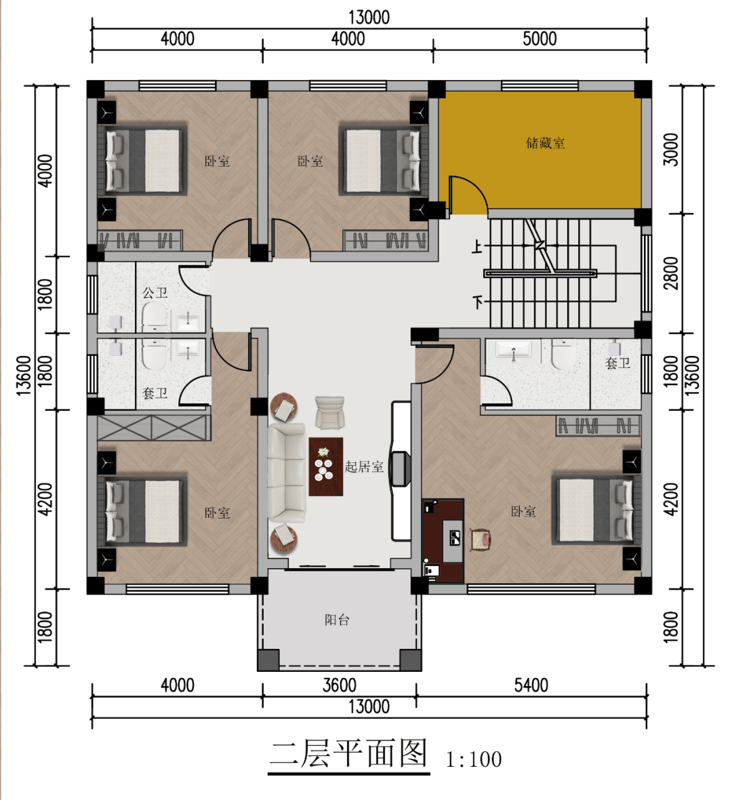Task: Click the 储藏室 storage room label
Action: point(546,143)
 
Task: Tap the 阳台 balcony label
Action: point(337,620)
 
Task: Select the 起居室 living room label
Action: point(364,466)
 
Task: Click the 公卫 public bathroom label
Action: point(155,293)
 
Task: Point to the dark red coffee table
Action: point(325,466)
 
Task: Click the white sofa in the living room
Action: point(286,473)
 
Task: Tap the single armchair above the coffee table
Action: point(329,412)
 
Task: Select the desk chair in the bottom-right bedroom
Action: point(481,540)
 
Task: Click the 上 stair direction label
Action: point(476,247)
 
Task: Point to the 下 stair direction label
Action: point(477,302)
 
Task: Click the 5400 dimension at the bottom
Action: point(531,685)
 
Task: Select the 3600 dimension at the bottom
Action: point(339,685)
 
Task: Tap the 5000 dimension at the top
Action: point(540,39)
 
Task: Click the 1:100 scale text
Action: point(474,760)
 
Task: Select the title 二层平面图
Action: point(348,754)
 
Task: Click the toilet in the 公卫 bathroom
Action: point(154,315)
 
